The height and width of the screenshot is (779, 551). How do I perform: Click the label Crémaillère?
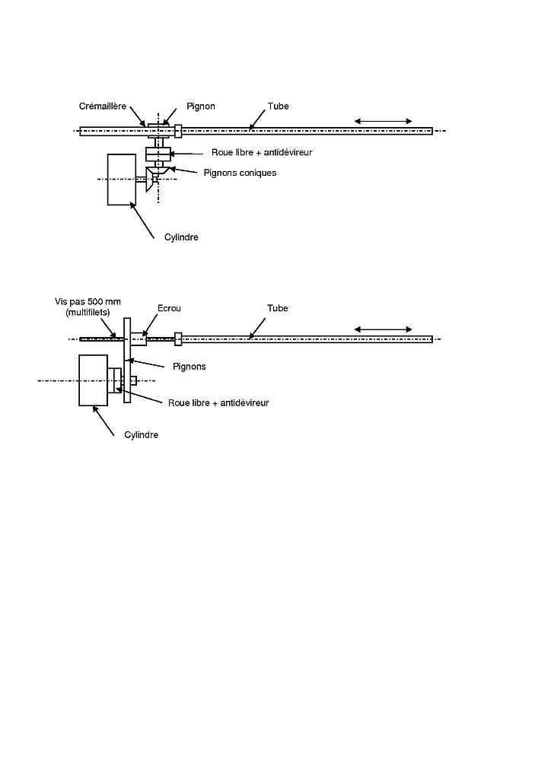tap(103, 107)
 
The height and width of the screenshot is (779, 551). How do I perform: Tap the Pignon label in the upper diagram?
tap(201, 107)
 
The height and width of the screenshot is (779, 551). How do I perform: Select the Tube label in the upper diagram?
tap(279, 107)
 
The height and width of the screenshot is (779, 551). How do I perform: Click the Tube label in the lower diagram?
tap(278, 308)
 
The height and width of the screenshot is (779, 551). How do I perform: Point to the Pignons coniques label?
tap(240, 173)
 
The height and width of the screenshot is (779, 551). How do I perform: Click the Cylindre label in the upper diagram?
tap(181, 237)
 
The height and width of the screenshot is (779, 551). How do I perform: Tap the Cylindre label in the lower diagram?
tap(141, 435)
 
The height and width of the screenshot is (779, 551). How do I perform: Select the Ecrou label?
tap(169, 308)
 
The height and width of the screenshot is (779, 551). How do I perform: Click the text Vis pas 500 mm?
tap(88, 301)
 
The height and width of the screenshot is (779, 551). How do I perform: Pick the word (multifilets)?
tap(88, 313)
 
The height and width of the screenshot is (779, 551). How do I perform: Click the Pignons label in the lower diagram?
tap(190, 367)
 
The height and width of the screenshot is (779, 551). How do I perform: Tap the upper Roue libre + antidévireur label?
tap(262, 152)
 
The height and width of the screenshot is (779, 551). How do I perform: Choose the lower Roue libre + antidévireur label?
tap(218, 403)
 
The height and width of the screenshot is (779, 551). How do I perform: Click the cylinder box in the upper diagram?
tap(122, 180)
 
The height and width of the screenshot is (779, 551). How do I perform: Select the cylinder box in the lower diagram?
tap(94, 380)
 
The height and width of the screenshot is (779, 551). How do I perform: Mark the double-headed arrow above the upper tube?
tap(383, 121)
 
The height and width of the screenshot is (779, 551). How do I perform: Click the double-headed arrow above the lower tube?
tap(383, 329)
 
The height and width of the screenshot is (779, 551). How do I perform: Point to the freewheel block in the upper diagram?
tap(158, 154)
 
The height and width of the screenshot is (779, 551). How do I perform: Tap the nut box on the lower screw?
tap(138, 339)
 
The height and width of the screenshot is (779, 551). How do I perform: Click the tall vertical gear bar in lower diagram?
tap(126, 360)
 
